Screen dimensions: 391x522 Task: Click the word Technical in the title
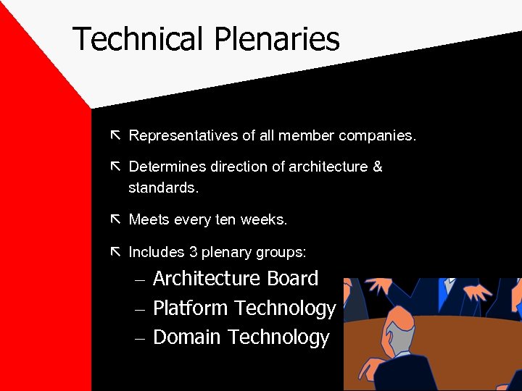[137, 38]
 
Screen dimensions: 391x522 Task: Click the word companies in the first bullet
[376, 135]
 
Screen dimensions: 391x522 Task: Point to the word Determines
[167, 167]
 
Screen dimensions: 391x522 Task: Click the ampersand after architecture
[377, 167]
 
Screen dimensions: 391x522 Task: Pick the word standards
[163, 188]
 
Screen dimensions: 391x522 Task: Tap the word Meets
[149, 219]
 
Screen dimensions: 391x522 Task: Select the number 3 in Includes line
[193, 252]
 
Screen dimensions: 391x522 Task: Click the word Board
[293, 279]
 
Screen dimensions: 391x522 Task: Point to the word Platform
[191, 308]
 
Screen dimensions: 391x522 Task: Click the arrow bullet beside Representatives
[115, 135]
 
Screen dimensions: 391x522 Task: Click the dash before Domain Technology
[140, 338]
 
